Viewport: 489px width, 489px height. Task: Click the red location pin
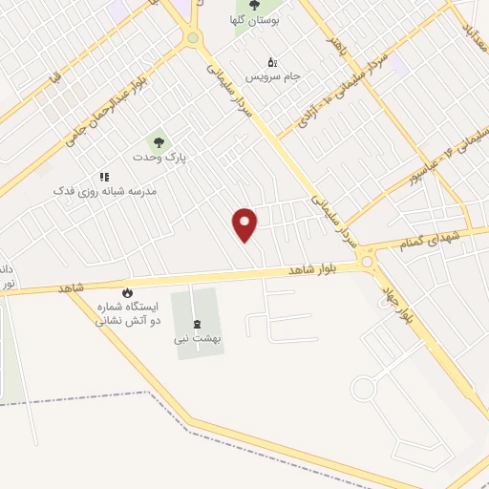[246, 223]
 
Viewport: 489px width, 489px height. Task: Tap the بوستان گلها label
[253, 20]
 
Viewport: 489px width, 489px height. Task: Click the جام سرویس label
[270, 74]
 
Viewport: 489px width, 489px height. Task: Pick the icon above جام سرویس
[271, 62]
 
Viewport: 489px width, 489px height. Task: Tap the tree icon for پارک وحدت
[159, 142]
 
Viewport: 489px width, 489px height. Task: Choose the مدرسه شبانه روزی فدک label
[105, 191]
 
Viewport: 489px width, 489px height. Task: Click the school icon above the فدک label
[105, 178]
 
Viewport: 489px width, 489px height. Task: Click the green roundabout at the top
[193, 38]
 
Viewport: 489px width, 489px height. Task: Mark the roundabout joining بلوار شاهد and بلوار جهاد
[367, 261]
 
